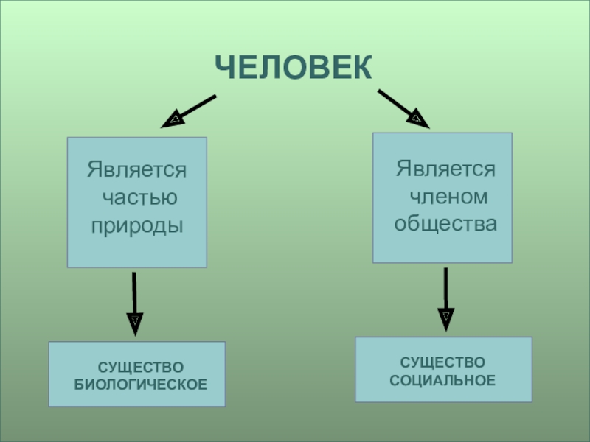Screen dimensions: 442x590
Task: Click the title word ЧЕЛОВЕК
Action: coord(294,68)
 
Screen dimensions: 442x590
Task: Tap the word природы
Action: coord(137,225)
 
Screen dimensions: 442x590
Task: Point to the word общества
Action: coord(445,223)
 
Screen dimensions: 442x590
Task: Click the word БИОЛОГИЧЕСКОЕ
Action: coord(140,385)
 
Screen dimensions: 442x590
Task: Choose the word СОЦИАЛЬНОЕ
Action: coord(442,381)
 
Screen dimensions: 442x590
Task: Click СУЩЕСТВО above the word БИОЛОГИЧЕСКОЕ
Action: coord(140,367)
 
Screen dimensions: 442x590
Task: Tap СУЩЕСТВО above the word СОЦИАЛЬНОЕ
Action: coord(442,362)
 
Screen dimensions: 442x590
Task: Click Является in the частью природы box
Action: coord(137,170)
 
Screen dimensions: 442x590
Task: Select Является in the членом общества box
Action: coord(445,169)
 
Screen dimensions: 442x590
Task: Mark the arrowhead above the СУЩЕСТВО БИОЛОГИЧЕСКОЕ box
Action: coord(135,322)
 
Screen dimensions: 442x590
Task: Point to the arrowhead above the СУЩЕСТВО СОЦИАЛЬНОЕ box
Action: coord(445,318)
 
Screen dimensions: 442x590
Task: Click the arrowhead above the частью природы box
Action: coord(173,119)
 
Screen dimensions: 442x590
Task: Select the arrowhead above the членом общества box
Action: coord(417,118)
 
